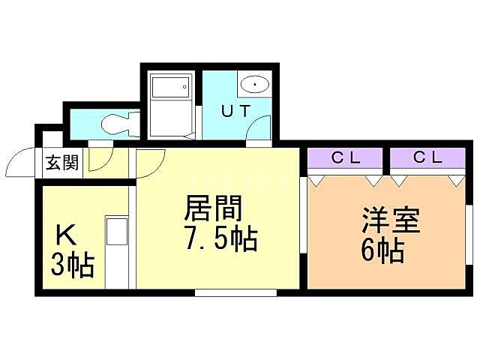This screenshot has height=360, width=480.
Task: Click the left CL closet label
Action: point(346,157)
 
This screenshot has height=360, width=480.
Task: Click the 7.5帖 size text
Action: point(220,241)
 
